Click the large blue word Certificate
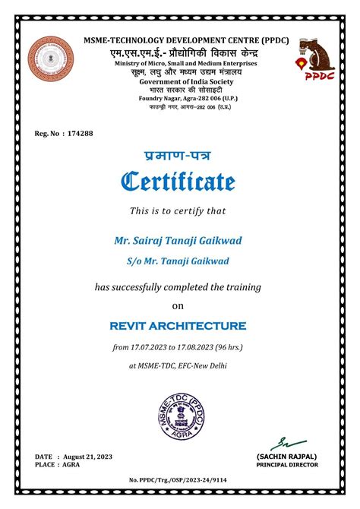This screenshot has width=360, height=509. pos(179,182)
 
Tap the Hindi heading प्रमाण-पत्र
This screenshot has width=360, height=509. pos(178,156)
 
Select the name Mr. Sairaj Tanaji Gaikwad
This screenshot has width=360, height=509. pos(178,240)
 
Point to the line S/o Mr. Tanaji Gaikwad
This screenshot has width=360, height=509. pos(178,261)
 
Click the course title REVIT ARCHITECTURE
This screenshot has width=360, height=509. pos(178,326)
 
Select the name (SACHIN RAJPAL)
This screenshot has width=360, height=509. pos(287,456)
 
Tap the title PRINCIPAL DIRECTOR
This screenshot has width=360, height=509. pos(287,464)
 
